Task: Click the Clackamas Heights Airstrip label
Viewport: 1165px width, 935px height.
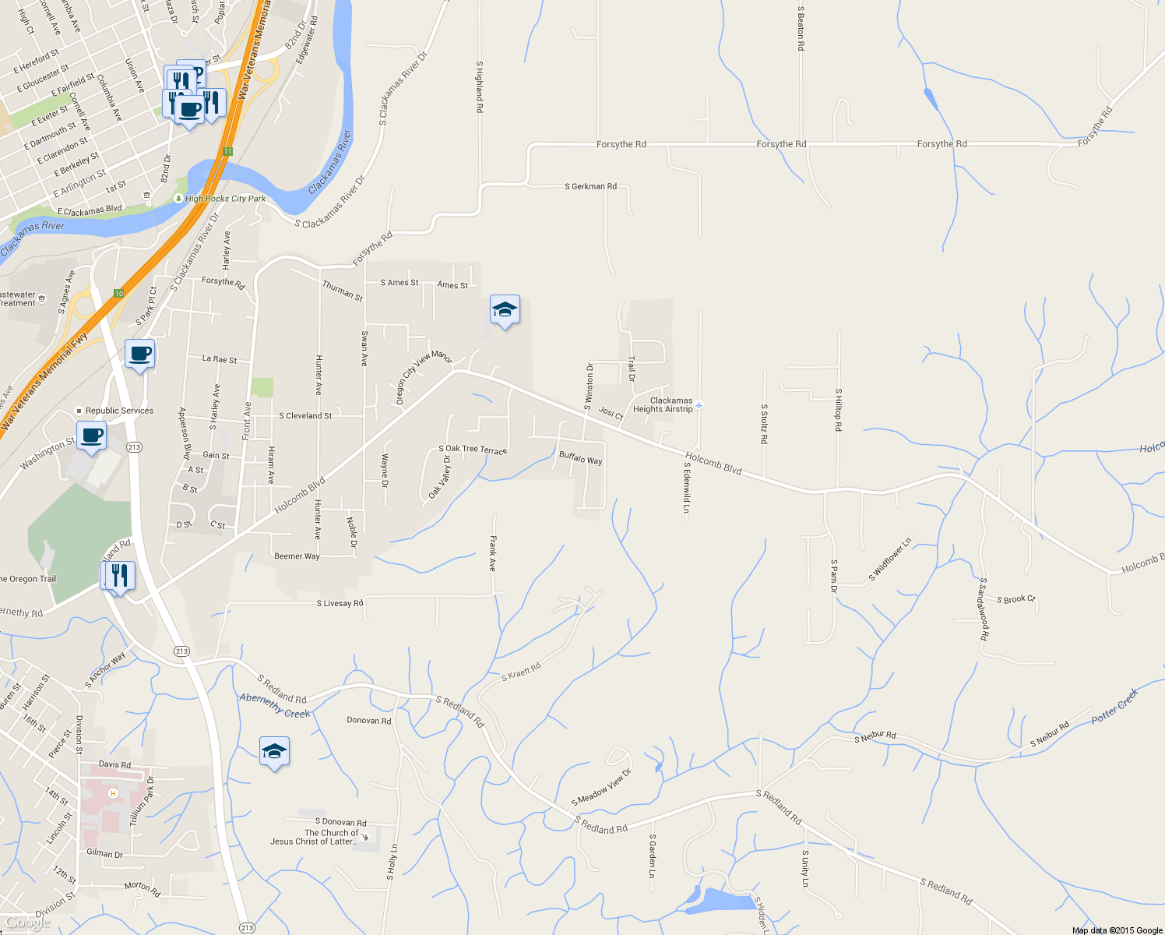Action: tap(663, 405)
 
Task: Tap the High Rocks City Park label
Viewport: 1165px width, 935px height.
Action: tap(225, 199)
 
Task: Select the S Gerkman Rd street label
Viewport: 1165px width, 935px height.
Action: tap(590, 187)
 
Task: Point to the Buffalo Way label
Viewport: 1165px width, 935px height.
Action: tap(581, 458)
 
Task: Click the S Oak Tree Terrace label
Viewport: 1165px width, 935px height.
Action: tap(473, 450)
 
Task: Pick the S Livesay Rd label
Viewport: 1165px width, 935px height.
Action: tap(340, 604)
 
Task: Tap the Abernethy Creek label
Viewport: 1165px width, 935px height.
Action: tap(274, 706)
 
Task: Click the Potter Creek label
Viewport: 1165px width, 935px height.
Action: tap(1114, 705)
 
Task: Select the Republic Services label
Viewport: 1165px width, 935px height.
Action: tap(119, 411)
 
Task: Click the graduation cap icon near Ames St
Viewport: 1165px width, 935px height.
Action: tap(505, 310)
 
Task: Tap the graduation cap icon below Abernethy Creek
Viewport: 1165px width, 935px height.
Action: tap(274, 752)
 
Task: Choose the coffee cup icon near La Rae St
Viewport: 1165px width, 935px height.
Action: tap(140, 355)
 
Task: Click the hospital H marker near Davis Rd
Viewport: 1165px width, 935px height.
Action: tap(113, 794)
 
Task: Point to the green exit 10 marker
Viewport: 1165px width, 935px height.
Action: tap(118, 294)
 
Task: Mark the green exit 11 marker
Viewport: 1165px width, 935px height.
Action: tap(227, 151)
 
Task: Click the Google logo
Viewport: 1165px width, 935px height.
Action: tap(28, 923)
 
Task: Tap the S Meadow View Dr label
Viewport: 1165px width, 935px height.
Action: tap(601, 788)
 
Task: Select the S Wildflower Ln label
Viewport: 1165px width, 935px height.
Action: tap(890, 559)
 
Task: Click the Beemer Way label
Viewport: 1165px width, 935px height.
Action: tap(297, 556)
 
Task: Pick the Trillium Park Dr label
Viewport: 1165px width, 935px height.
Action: tap(142, 801)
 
